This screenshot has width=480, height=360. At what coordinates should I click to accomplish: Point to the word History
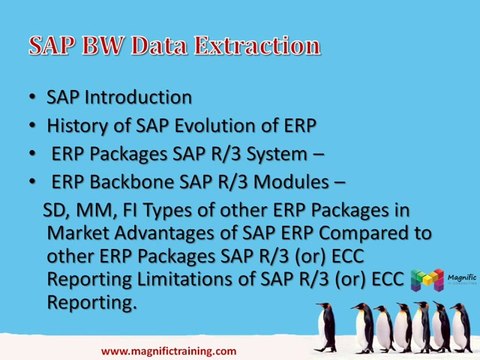79,126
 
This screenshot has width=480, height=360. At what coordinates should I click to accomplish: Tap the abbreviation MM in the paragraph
94,212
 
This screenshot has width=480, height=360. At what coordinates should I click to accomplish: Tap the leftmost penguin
327,326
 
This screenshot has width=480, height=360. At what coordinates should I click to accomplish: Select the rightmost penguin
461,326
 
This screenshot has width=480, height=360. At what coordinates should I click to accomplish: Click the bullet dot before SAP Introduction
33,98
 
